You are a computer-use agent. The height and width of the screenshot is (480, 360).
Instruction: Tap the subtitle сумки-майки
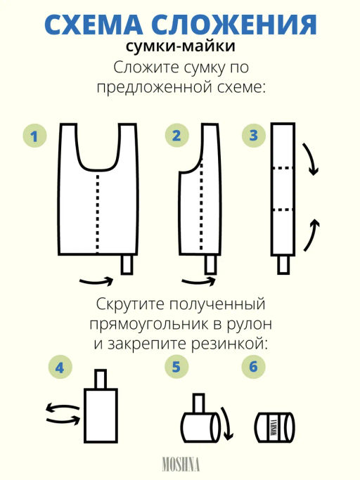click(181, 48)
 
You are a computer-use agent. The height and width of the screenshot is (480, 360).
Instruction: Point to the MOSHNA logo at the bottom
click(181, 465)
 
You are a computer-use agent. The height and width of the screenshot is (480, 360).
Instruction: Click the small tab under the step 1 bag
click(127, 265)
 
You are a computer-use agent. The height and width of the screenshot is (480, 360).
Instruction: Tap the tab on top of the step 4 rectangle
click(101, 378)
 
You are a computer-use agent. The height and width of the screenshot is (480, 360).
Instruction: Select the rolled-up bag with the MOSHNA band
click(274, 426)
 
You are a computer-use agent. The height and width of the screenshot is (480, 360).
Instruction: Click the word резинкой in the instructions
click(240, 344)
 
